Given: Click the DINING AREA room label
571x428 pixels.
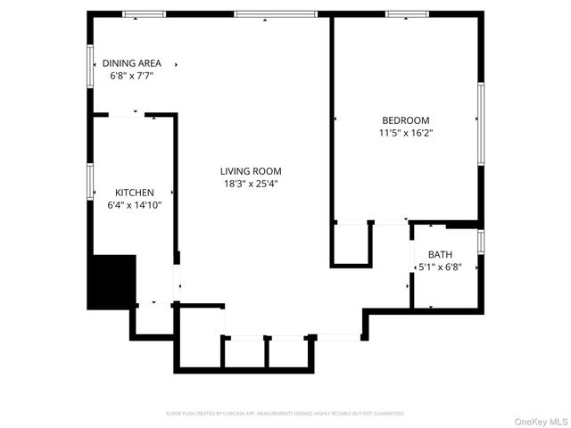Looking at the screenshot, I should (x=132, y=63).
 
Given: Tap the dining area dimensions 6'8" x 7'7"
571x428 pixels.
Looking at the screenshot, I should (x=132, y=77).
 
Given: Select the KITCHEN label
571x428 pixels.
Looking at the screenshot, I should (x=135, y=193).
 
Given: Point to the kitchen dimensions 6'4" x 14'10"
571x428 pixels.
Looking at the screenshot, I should (x=135, y=205).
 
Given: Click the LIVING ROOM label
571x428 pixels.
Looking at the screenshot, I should (x=252, y=171).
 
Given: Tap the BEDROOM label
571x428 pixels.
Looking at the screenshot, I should (x=406, y=120).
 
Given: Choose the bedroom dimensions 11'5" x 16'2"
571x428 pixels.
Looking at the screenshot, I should (x=406, y=133).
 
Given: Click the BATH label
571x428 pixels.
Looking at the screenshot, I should (x=440, y=254).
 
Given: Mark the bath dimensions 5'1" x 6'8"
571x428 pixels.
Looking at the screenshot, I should (x=441, y=267).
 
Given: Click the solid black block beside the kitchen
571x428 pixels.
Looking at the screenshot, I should (x=111, y=282).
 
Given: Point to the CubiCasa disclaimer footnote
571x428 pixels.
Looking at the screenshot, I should (x=285, y=414).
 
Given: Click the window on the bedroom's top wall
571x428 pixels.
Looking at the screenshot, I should (x=407, y=14).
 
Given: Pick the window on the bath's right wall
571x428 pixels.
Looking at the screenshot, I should (x=481, y=242).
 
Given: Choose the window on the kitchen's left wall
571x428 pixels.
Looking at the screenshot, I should (x=90, y=180).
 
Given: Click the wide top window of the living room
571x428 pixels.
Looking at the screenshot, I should (x=275, y=14).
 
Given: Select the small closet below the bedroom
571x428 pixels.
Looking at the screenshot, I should (x=351, y=243).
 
